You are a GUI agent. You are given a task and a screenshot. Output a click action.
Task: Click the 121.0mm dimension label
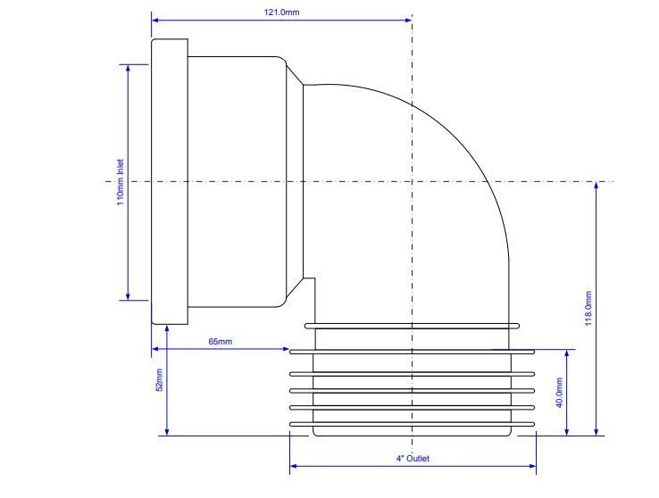pyautogui.click(x=281, y=12)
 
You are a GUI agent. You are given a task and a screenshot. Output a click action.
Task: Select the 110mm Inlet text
pyautogui.click(x=121, y=182)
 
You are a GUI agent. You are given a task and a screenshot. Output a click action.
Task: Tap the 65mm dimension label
pyautogui.click(x=221, y=342)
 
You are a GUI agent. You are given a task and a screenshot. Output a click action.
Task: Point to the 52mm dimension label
pyautogui.click(x=159, y=380)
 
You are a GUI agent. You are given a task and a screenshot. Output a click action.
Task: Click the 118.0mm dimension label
pyautogui.click(x=588, y=308)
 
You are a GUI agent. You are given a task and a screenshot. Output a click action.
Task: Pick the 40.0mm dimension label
pyautogui.click(x=559, y=393)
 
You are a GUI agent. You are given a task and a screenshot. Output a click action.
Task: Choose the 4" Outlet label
pyautogui.click(x=413, y=459)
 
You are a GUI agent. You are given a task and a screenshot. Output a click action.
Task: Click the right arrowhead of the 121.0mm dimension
pyautogui.click(x=408, y=20)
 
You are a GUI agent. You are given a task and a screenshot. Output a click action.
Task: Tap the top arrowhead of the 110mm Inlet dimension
pyautogui.click(x=129, y=69)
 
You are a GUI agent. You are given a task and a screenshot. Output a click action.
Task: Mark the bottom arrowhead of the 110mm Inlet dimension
pyautogui.click(x=129, y=296)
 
